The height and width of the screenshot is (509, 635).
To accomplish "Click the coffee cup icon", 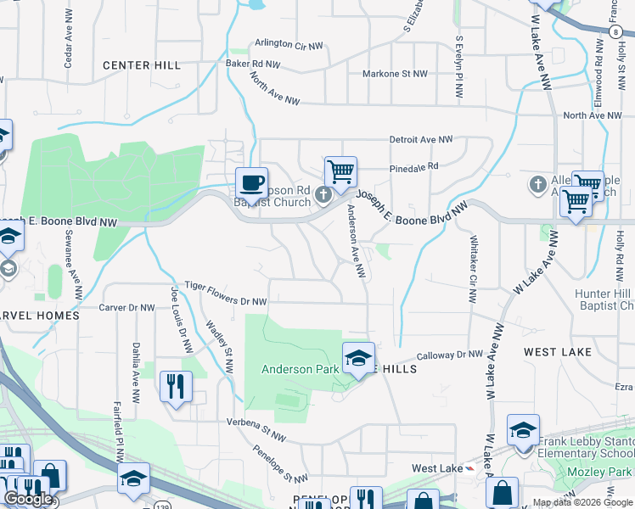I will [251, 182].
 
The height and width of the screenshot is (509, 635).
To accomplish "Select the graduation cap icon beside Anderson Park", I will [358, 360].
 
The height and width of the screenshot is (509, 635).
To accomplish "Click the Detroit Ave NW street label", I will [421, 139].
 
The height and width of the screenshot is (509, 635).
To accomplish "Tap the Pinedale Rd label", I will [414, 166].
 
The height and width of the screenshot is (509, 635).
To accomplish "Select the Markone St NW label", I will [395, 74].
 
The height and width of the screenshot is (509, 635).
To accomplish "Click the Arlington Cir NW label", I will [289, 44].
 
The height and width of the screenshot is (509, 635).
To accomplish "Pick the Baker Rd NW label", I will [252, 64].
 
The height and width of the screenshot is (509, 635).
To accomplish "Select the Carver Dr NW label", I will [126, 308].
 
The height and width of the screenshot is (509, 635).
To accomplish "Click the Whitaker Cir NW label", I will [474, 269].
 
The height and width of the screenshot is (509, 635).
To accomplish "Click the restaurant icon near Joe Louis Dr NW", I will [176, 387].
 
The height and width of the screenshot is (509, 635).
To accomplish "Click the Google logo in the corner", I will [28, 499].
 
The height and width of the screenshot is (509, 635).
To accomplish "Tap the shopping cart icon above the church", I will [340, 172].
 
